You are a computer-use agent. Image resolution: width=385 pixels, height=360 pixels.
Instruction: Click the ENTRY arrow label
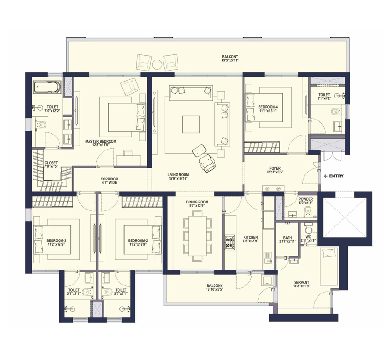pos(334,176)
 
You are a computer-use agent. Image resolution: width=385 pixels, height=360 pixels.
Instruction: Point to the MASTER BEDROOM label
pos(101,141)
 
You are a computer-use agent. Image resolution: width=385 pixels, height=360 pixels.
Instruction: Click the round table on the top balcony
pos(157,65)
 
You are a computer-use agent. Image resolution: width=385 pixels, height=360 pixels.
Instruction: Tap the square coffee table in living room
pos(191,124)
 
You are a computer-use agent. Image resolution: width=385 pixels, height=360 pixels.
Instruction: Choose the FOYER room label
pos(275,169)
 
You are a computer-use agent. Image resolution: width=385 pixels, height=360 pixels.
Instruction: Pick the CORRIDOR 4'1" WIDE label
pos(109,181)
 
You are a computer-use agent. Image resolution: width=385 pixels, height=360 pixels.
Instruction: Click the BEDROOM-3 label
pos(56,240)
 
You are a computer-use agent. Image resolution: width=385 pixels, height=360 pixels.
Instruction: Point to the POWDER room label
pos(306,199)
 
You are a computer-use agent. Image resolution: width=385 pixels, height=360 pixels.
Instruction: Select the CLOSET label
pos(51,163)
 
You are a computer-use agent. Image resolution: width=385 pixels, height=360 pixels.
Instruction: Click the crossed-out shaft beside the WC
pos(345,217)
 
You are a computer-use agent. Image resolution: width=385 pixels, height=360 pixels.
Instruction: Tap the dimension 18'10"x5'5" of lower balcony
pos(215,289)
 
